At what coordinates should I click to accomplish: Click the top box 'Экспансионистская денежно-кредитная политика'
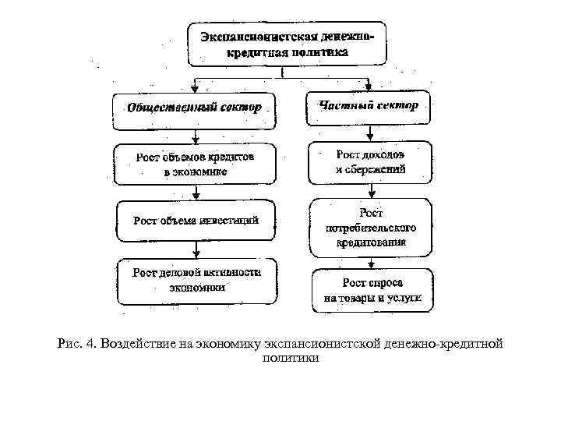point(286,44)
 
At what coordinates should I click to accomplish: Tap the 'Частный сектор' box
point(368,107)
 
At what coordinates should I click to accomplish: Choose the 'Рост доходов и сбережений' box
point(369,162)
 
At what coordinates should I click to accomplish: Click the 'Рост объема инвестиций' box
point(196,221)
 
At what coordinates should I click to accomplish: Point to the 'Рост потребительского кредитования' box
point(371,228)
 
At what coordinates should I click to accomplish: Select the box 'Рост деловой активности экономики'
point(197,281)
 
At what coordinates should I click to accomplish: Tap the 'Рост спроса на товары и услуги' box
point(372,290)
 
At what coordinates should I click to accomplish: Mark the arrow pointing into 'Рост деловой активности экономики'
point(197,251)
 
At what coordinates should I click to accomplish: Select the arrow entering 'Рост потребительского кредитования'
point(370,191)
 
